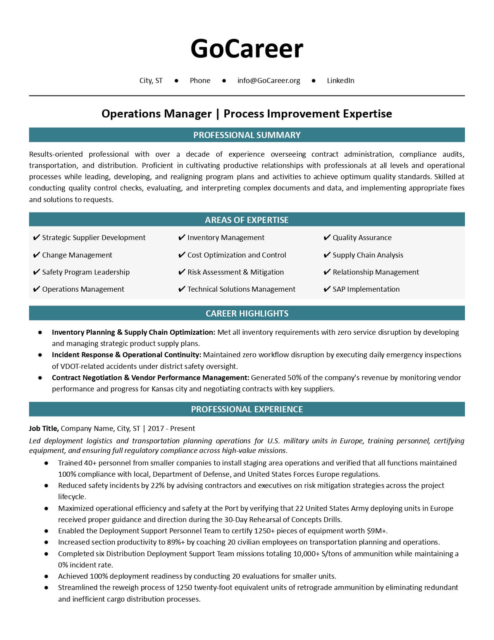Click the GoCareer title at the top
(247, 49)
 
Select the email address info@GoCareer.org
(269, 81)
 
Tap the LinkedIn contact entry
(341, 81)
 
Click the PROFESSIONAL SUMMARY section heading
(247, 135)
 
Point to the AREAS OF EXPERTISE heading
(247, 220)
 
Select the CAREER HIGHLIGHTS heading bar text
(247, 313)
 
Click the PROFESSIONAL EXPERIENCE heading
(247, 409)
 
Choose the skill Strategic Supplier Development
(94, 238)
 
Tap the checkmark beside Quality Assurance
(327, 238)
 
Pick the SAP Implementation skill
(366, 289)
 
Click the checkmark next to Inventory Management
(182, 238)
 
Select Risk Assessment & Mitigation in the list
(235, 272)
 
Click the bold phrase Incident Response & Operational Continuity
(126, 355)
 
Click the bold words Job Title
(44, 429)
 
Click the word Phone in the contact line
(200, 81)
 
